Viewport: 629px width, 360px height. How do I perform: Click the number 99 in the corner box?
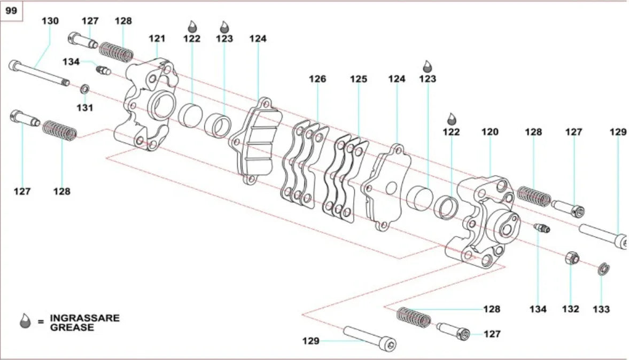tap(11, 11)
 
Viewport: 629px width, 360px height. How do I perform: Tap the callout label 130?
tap(50, 21)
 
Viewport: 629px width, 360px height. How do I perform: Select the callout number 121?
tap(157, 38)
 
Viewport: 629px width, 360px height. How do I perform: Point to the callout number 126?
tap(317, 79)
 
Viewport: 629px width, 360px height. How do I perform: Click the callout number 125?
tap(359, 79)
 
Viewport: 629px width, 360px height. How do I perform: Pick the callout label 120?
tap(490, 132)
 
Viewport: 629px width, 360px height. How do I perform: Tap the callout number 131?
tap(84, 107)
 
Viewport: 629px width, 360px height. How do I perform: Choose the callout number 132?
tap(571, 309)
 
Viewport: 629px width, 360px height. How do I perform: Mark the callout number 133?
tap(602, 309)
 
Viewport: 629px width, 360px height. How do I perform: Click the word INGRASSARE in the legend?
tap(84, 318)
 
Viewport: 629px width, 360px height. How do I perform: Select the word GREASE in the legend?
tap(72, 327)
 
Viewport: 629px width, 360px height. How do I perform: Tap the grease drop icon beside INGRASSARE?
tap(25, 322)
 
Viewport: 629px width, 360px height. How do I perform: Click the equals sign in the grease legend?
tap(41, 323)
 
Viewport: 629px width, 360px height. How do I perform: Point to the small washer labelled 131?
tap(84, 88)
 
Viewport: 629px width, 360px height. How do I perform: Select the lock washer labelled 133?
tap(602, 269)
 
